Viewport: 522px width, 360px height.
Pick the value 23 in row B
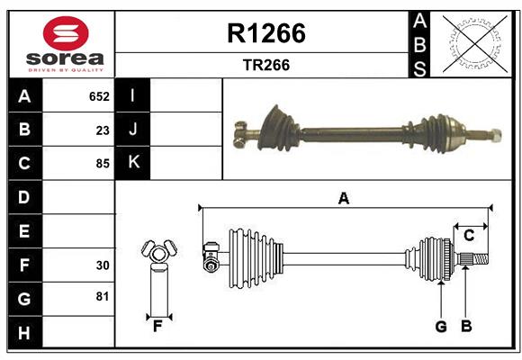point(102,130)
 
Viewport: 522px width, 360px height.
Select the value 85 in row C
point(102,164)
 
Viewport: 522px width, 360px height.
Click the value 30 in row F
point(102,265)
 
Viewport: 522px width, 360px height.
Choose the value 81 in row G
point(102,296)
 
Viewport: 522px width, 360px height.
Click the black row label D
point(24,197)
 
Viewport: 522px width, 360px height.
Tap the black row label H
point(24,332)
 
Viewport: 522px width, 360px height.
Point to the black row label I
point(133,96)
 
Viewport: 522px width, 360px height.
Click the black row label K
point(133,163)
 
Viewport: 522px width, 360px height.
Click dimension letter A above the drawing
point(343,198)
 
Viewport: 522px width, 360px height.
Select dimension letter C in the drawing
point(469,235)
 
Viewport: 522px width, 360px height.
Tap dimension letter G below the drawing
point(441,327)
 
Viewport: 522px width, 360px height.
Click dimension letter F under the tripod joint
point(157,326)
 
